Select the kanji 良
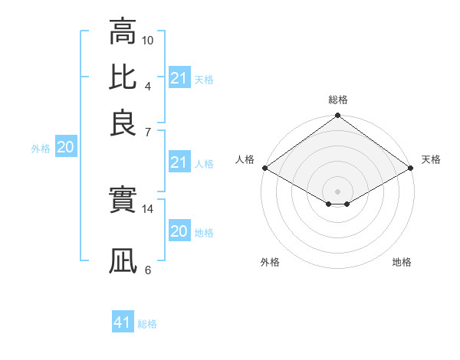click(123, 123)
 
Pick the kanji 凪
click(123, 260)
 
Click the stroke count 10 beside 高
click(148, 40)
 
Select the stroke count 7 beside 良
click(148, 132)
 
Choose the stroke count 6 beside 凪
click(148, 270)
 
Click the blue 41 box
click(123, 322)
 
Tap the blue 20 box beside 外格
click(65, 148)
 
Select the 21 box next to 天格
click(179, 78)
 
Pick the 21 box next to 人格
click(179, 162)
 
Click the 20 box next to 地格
click(179, 231)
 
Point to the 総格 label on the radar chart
click(338, 100)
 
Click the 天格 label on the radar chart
click(431, 159)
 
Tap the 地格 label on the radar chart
click(402, 262)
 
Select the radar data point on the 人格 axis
click(264, 168)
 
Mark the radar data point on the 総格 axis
click(337, 116)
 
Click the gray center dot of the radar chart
click(337, 191)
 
